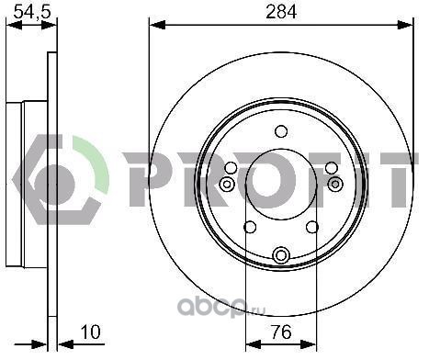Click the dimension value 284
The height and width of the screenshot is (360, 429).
pos(281,12)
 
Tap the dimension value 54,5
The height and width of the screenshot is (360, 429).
pos(32,12)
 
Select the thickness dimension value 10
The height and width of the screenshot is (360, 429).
pos(91,332)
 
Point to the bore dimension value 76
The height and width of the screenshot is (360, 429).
pos(281,332)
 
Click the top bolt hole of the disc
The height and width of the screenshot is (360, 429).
pos(281,131)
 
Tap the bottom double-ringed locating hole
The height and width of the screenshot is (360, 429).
pos(281,255)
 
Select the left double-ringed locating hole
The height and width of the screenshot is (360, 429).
pos(227,185)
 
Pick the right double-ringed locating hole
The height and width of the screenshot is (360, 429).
pos(335,184)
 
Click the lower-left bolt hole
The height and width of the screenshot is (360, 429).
pos(250,227)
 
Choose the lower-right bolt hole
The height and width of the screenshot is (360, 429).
pos(312,227)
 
